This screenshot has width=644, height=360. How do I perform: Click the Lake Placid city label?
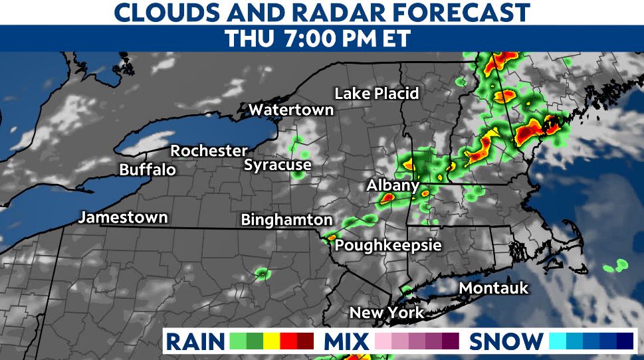point(376,94)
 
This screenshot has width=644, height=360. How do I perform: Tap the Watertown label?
point(291,110)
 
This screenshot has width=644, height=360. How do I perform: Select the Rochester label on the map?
point(209,151)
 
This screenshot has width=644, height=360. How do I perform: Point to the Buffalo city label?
point(148,169)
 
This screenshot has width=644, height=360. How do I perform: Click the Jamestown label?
point(123,217)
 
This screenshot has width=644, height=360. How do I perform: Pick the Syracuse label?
point(277,165)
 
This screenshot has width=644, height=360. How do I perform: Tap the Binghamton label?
point(286,219)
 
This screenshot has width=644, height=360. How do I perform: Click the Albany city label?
point(393,186)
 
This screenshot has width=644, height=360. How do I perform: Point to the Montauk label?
point(494,288)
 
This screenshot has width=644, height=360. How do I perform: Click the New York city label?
point(387,312)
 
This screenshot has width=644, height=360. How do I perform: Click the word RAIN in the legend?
point(195,341)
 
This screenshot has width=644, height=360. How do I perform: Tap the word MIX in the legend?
point(346,341)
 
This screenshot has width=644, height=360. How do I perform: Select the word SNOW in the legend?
point(506,341)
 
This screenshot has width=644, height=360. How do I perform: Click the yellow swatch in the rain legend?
point(271,341)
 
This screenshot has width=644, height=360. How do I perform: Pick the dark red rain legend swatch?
point(306,341)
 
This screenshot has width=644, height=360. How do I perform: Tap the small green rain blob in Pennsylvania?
point(262,272)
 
